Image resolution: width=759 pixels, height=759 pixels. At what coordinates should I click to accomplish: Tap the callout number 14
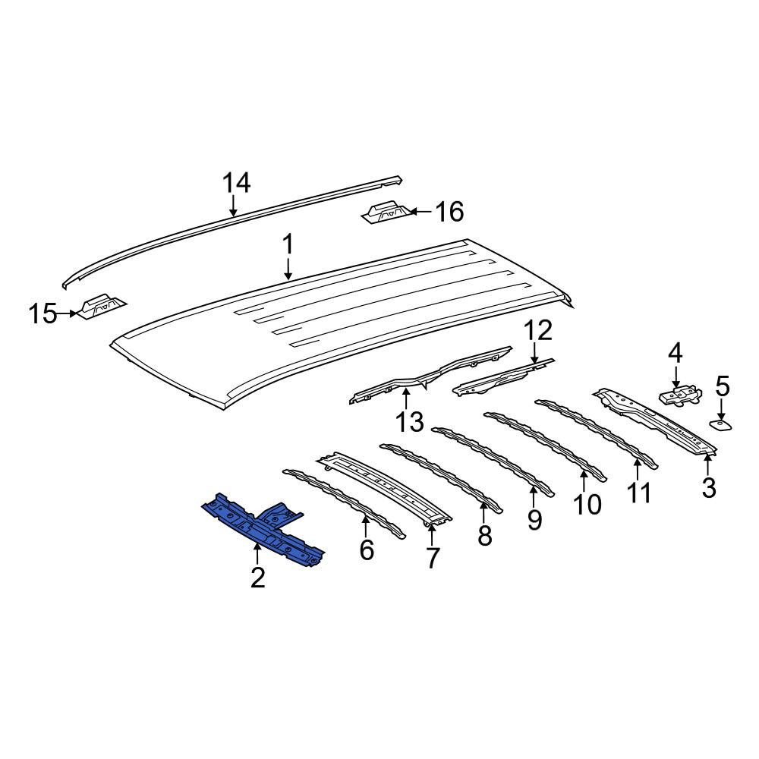tap(237, 184)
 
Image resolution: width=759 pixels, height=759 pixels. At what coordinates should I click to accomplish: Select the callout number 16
tap(449, 212)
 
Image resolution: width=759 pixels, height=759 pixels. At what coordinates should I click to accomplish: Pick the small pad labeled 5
tap(721, 425)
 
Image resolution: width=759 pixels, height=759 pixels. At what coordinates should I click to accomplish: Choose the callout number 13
tap(410, 421)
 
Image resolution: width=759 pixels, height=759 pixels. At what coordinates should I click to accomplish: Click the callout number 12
tap(538, 330)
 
